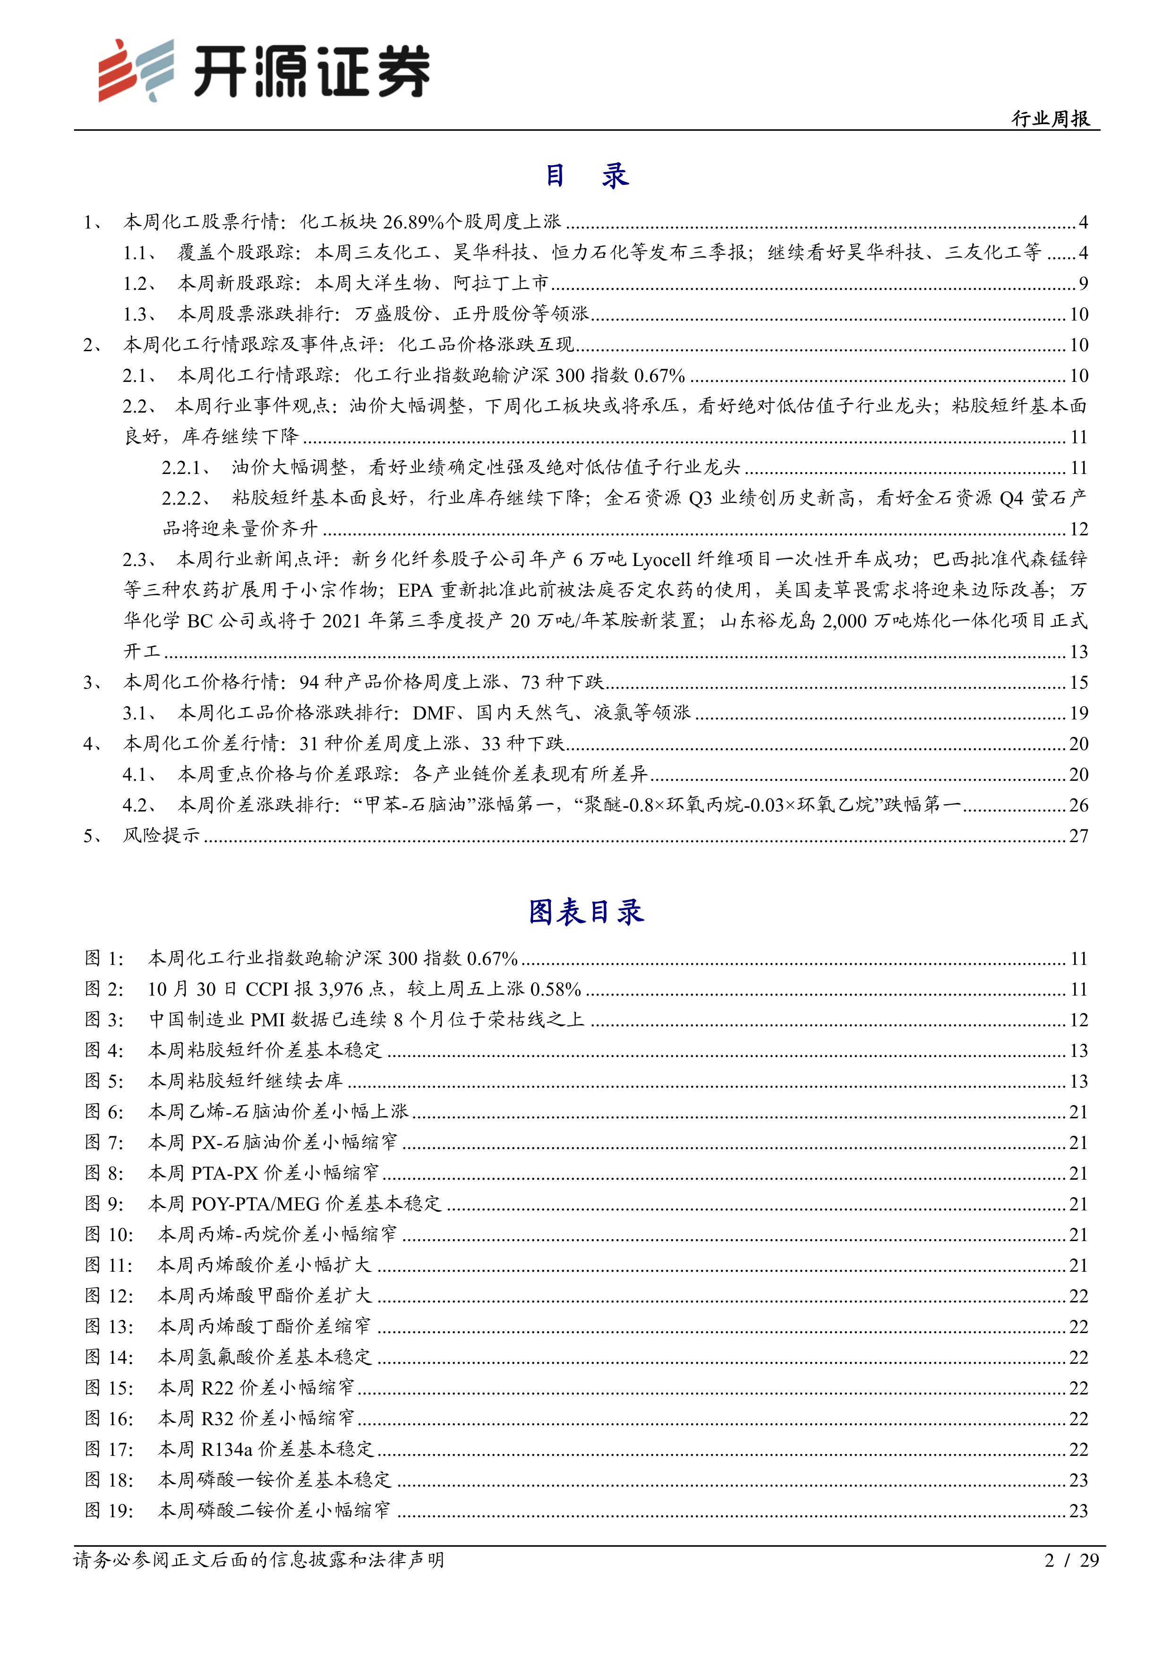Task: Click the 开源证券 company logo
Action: coord(264,71)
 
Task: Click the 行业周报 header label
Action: coord(1050,118)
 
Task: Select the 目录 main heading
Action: coord(586,175)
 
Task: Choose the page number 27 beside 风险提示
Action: coord(1078,836)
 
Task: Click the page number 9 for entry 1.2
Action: coord(1083,283)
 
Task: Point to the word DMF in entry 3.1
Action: coord(433,713)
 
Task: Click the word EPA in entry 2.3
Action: coord(415,591)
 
